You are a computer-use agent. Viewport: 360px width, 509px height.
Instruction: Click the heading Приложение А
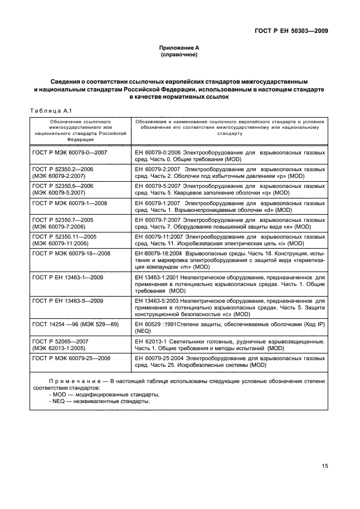pyautogui.click(x=179, y=49)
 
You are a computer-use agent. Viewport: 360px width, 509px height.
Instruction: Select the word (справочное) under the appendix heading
pyautogui.click(x=179, y=55)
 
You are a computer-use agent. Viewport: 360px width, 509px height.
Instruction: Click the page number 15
pyautogui.click(x=324, y=467)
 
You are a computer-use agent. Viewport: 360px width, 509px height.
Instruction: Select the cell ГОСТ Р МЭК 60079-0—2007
pyautogui.click(x=70, y=152)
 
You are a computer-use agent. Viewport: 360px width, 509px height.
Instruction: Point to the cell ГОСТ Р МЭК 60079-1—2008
pyautogui.click(x=70, y=203)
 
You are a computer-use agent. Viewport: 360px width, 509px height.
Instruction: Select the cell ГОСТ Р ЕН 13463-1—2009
pyautogui.click(x=68, y=277)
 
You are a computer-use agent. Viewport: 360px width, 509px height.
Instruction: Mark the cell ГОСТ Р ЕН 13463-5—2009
pyautogui.click(x=68, y=300)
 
